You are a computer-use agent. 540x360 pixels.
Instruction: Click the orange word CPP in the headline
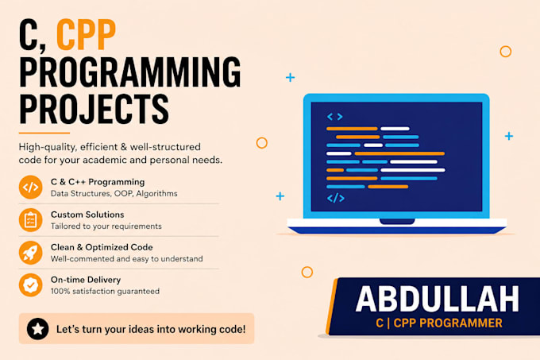pyautogui.click(x=86, y=34)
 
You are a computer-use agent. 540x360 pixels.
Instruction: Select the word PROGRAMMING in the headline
pyautogui.click(x=129, y=72)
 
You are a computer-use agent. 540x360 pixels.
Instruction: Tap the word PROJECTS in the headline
pyautogui.click(x=94, y=109)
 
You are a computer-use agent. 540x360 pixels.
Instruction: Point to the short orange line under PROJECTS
pyautogui.click(x=44, y=133)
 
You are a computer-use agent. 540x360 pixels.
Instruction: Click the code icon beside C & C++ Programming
pyautogui.click(x=31, y=187)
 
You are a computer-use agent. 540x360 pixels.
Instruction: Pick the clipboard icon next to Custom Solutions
pyautogui.click(x=31, y=220)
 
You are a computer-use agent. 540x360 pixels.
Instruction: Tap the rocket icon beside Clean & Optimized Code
pyautogui.click(x=31, y=253)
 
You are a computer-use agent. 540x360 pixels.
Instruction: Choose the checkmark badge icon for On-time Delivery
pyautogui.click(x=31, y=285)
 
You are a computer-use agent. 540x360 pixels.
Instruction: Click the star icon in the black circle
pyautogui.click(x=37, y=329)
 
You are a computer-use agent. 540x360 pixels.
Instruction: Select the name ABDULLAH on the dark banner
pyautogui.click(x=438, y=299)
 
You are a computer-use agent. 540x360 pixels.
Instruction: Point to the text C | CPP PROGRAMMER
pyautogui.click(x=439, y=323)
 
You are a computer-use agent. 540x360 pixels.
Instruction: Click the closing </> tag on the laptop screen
pyautogui.click(x=336, y=198)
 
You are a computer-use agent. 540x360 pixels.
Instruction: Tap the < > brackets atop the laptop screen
pyautogui.click(x=335, y=117)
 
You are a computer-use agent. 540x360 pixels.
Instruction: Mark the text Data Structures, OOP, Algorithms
pyautogui.click(x=114, y=194)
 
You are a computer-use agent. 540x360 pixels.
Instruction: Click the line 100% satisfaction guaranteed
pyautogui.click(x=105, y=292)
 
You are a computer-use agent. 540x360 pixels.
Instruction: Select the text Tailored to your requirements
pyautogui.click(x=106, y=226)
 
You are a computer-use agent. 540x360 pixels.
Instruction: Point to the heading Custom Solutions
pyautogui.click(x=87, y=215)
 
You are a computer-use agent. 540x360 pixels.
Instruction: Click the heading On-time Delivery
pyautogui.click(x=86, y=280)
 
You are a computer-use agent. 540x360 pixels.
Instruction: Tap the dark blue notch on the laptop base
pyautogui.click(x=397, y=221)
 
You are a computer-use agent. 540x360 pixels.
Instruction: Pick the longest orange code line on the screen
pyautogui.click(x=399, y=153)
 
